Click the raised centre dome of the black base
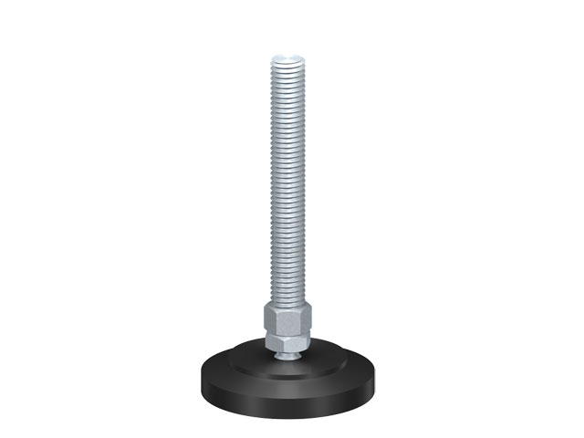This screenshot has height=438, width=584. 290,359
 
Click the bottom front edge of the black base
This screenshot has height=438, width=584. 291,408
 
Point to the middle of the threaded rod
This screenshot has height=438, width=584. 291,182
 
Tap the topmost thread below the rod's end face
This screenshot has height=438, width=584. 291,64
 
